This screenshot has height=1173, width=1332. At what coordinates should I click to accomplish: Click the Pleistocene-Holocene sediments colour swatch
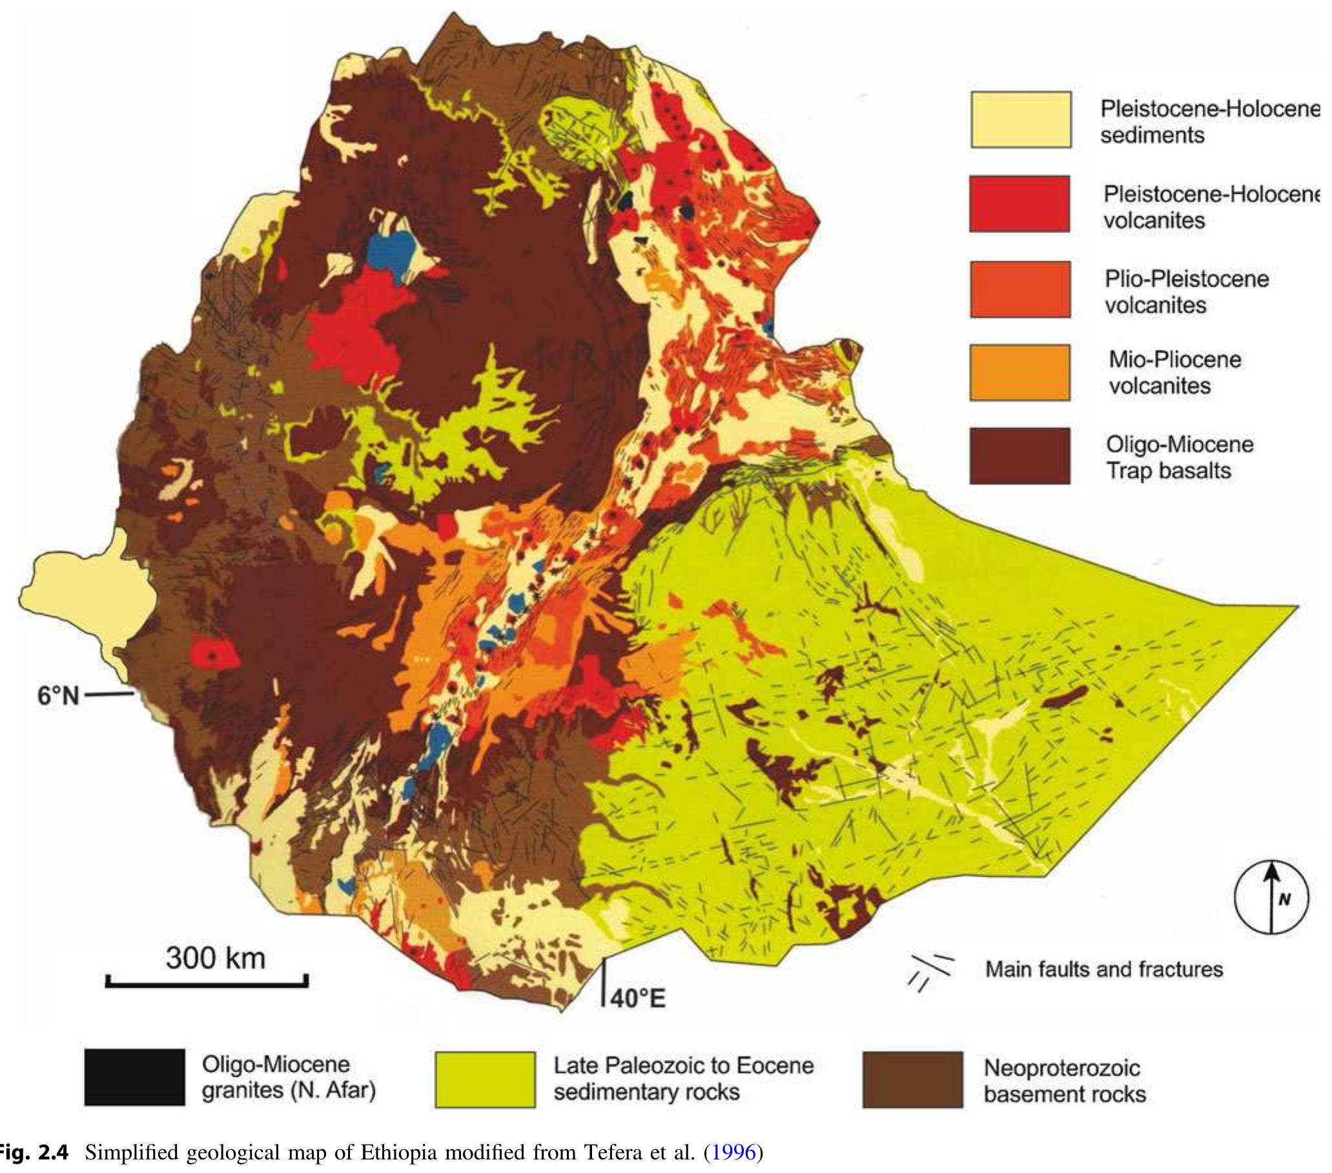pos(1021,120)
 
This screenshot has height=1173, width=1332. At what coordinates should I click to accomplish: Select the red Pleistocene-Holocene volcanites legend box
pos(1019,204)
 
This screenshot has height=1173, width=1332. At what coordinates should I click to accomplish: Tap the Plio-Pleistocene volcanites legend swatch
pos(1020,289)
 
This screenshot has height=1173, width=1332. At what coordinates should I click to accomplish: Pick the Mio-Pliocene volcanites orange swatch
pos(1020,372)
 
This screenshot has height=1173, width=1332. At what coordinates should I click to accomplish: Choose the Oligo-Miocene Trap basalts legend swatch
pos(1020,456)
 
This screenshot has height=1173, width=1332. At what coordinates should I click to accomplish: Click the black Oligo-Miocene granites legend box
pos(134,1077)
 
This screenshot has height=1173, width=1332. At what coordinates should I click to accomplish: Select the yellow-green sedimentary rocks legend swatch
pos(485,1079)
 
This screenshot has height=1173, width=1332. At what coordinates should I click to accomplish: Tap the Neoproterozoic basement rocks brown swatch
pos(912,1079)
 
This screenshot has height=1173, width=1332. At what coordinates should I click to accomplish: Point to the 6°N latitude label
pos(57,696)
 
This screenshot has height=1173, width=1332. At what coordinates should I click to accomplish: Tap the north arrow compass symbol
pos(1271,897)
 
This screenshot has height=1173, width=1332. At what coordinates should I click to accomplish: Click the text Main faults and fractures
pos(1104,970)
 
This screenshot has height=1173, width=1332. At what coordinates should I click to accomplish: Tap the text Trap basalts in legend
pos(1169,471)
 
